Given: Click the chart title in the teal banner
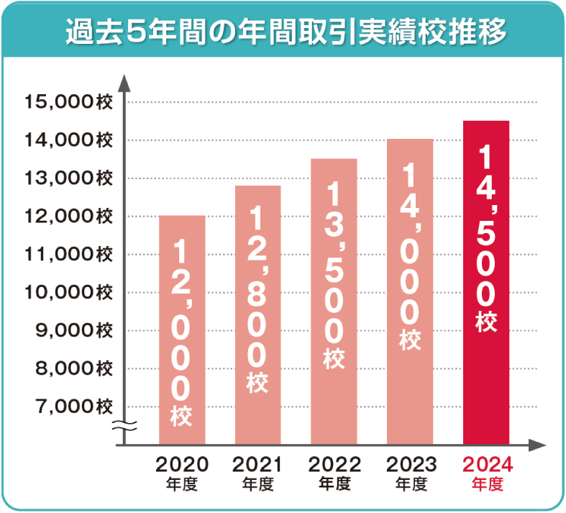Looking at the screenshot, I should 283,32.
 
